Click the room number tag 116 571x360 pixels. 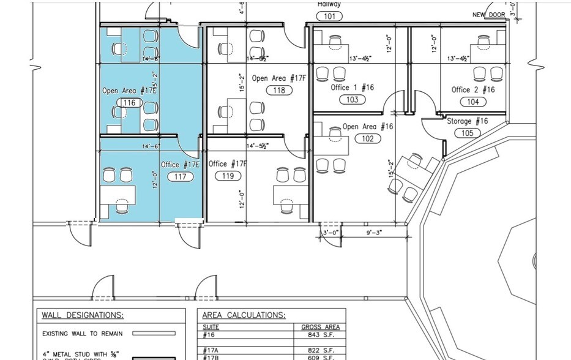pyautogui.click(x=129, y=103)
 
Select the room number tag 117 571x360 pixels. pyautogui.click(x=181, y=176)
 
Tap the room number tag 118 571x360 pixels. pyautogui.click(x=280, y=90)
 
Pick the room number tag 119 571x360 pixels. pyautogui.click(x=228, y=176)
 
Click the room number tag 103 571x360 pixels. pyautogui.click(x=352, y=99)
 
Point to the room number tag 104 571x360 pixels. pyautogui.click(x=472, y=102)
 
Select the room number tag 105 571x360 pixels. pyautogui.click(x=467, y=133)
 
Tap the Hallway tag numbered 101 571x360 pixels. pyautogui.click(x=329, y=16)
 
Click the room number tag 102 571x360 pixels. pyautogui.click(x=368, y=138)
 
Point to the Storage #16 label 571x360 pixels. pyautogui.click(x=467, y=121)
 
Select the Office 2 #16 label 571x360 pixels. pyautogui.click(x=473, y=89)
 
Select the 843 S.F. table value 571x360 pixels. pyautogui.click(x=319, y=334)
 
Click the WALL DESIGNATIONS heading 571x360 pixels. pyautogui.click(x=83, y=315)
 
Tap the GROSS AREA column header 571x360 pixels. pyautogui.click(x=319, y=327)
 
